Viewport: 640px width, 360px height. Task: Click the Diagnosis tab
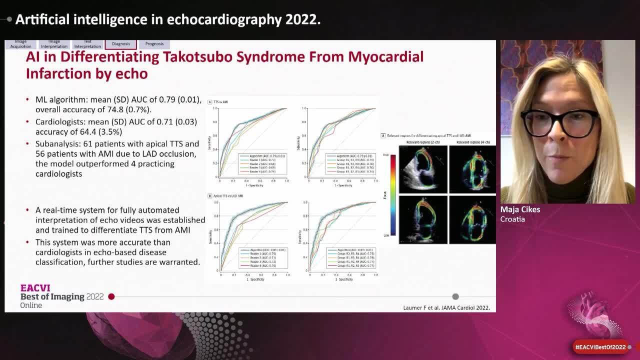pos(121,44)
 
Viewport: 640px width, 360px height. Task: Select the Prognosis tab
pos(154,44)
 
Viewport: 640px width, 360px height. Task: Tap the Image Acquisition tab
pos(20,44)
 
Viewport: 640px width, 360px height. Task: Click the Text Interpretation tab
pos(87,44)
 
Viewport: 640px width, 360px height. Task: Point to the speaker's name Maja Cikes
pos(520,209)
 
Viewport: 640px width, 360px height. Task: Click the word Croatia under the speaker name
pos(512,219)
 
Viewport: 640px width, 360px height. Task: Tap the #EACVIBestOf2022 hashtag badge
pos(600,347)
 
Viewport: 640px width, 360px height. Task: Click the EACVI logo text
pos(35,288)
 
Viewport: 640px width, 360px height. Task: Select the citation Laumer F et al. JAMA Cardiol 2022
pos(446,307)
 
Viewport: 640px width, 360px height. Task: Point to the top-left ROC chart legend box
pos(261,164)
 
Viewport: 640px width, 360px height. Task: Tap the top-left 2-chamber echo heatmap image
pos(422,169)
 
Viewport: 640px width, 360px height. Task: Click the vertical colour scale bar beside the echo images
pos(393,195)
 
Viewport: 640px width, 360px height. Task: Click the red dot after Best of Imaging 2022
pos(111,296)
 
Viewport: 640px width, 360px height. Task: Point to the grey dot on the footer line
pos(455,296)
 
